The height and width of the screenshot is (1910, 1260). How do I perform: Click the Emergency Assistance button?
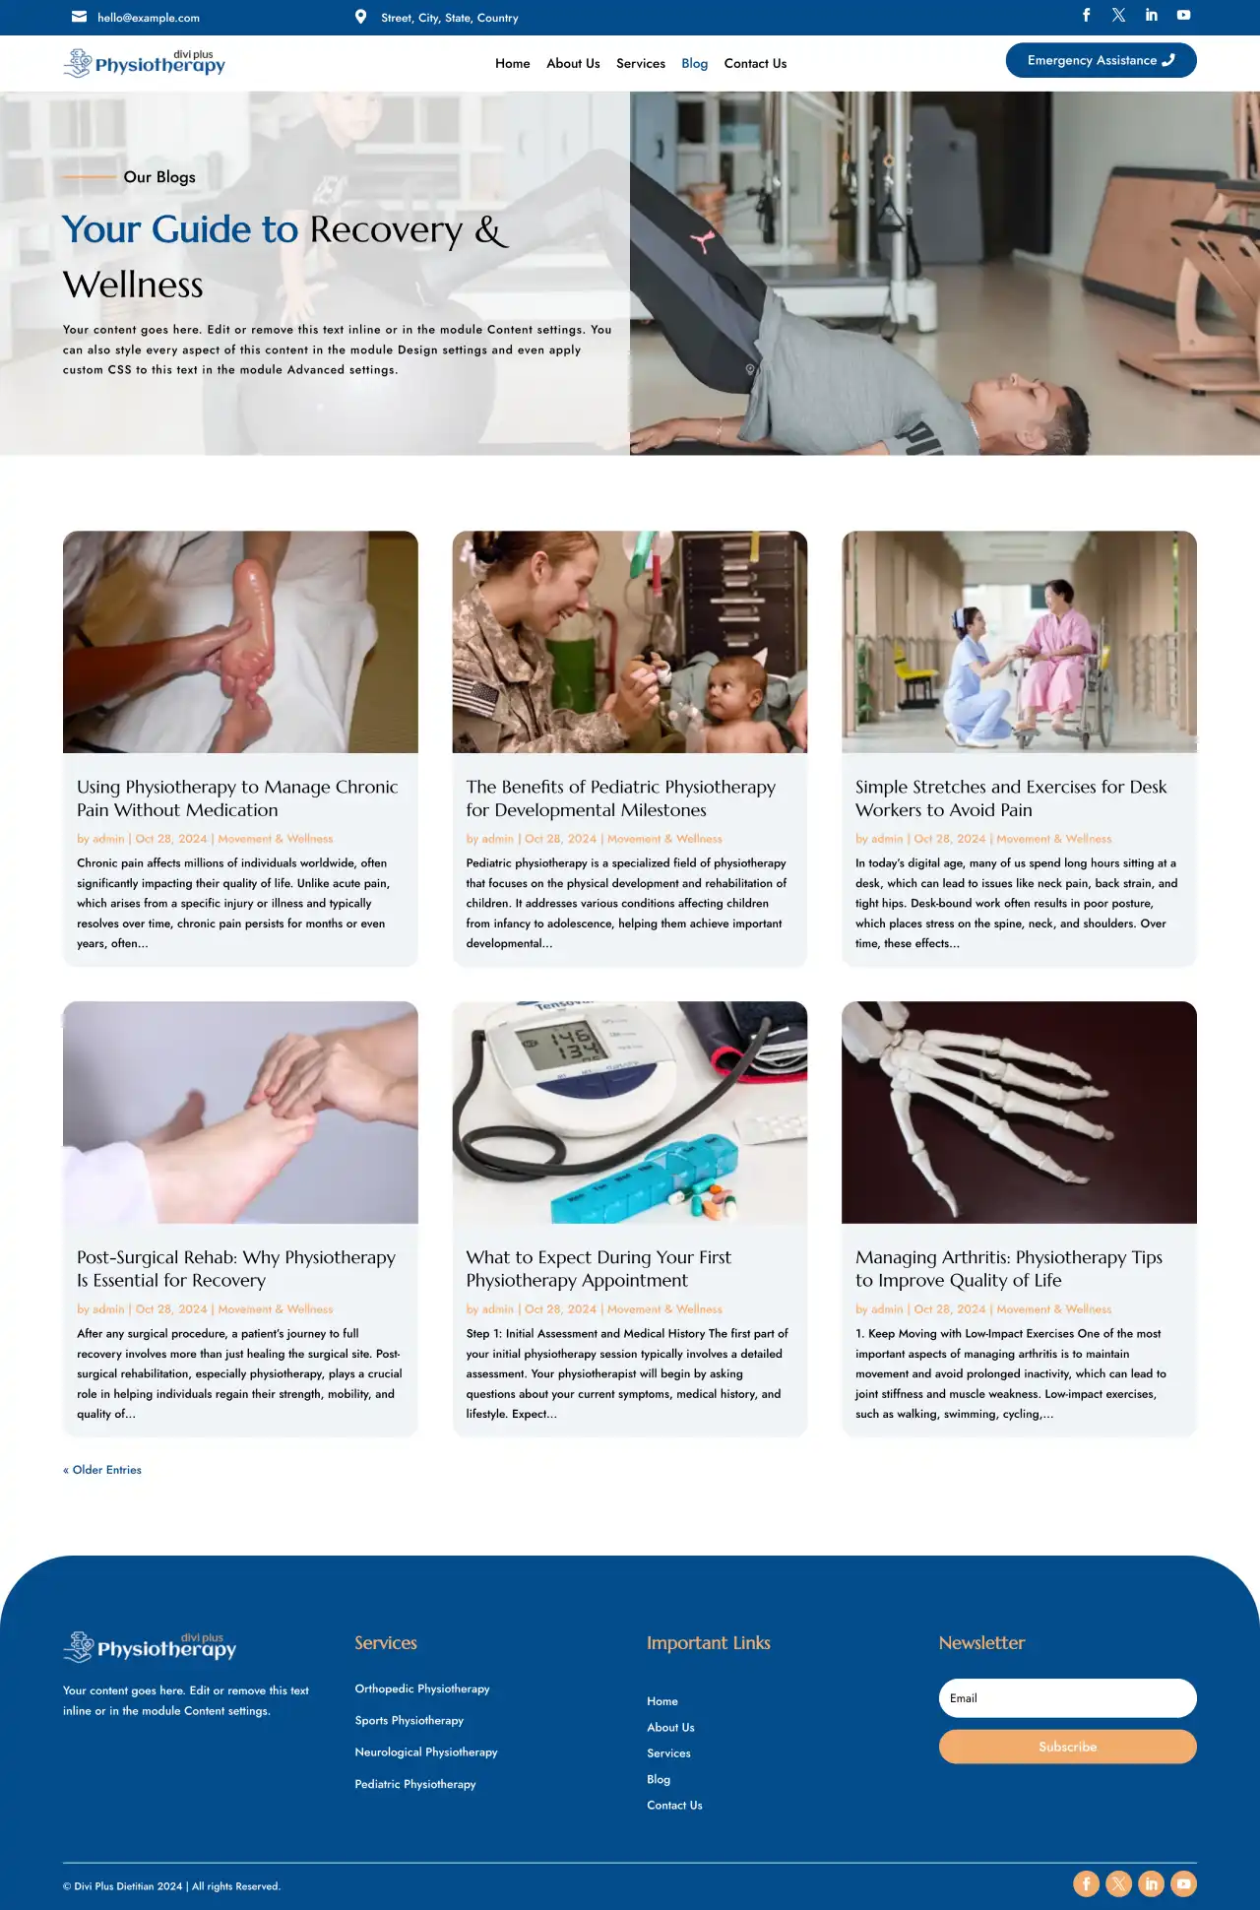coord(1101,60)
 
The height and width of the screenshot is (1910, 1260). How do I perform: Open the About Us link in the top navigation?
coord(573,63)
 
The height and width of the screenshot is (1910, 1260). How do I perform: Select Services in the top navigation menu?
coord(641,63)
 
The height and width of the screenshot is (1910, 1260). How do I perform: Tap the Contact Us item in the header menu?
coord(755,63)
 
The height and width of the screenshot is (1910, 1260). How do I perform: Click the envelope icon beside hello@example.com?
coord(80,17)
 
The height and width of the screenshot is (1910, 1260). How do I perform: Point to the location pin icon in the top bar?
coord(361,17)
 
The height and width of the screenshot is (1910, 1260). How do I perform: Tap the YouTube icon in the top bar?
coord(1183,15)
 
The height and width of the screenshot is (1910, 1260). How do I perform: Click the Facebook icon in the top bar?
coord(1087,15)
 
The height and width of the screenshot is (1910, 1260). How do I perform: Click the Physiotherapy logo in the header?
coord(145,63)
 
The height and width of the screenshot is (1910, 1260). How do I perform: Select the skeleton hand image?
coord(1018,1112)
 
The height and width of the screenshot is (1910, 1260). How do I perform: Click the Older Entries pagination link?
coord(102,1470)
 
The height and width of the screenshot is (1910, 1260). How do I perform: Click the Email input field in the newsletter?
coord(1067,1698)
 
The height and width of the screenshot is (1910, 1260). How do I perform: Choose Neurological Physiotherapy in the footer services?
coord(426,1752)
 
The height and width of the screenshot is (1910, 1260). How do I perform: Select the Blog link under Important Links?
coord(659,1779)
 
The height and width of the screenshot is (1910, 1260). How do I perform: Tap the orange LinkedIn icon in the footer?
coord(1151,1883)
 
